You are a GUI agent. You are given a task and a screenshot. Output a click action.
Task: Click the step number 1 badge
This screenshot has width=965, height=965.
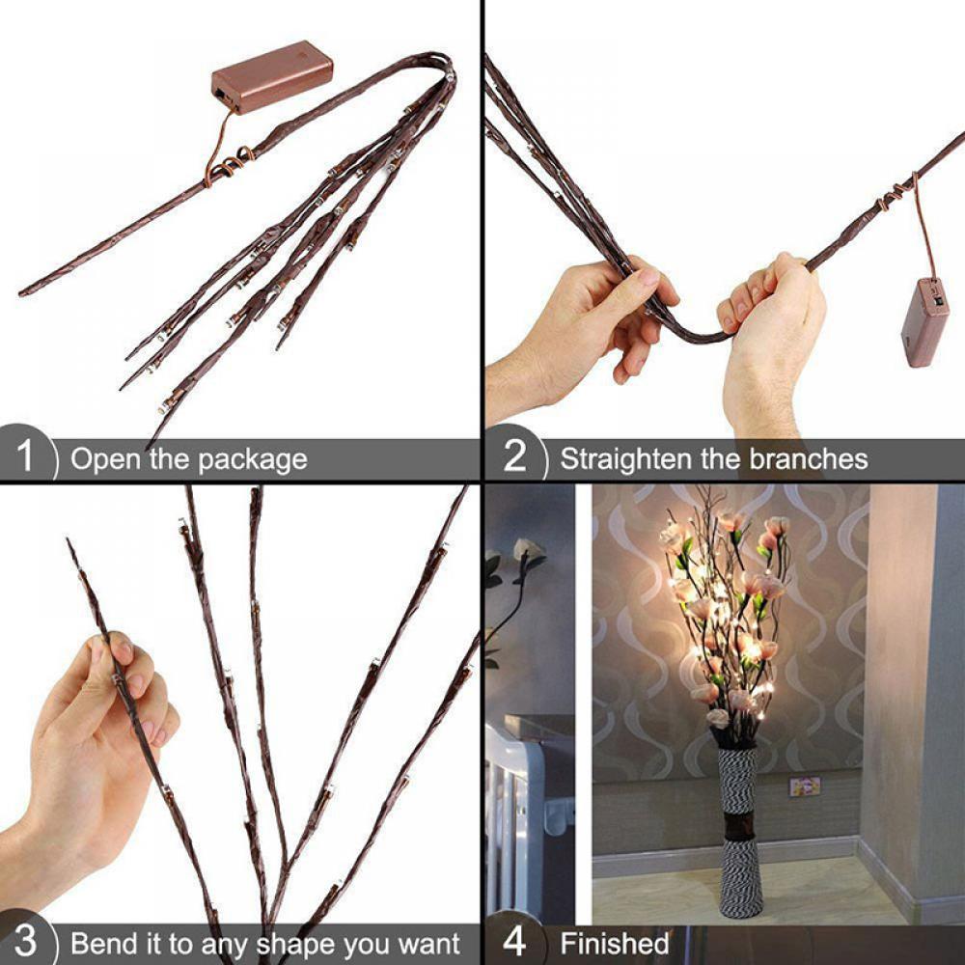[26, 456]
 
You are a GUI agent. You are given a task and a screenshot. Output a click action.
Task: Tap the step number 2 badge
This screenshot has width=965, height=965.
[515, 456]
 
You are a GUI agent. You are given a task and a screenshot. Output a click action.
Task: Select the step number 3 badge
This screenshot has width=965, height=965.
[26, 941]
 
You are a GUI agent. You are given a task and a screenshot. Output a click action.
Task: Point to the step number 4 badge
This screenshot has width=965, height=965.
[515, 941]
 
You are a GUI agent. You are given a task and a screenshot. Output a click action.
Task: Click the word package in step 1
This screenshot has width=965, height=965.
[252, 460]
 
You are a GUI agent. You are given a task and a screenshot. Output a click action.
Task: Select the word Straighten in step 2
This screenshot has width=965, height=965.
[627, 459]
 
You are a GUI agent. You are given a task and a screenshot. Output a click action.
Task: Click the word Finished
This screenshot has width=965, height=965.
[614, 943]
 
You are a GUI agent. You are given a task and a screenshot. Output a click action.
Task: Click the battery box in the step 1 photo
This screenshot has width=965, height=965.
[272, 75]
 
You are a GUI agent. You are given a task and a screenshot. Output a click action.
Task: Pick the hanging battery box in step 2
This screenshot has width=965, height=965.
[924, 321]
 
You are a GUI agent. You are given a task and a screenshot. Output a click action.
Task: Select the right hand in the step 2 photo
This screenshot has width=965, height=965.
[772, 333]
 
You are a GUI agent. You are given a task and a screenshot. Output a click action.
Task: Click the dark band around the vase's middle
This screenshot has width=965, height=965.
[741, 825]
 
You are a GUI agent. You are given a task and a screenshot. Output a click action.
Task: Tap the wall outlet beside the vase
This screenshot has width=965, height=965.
[804, 786]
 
